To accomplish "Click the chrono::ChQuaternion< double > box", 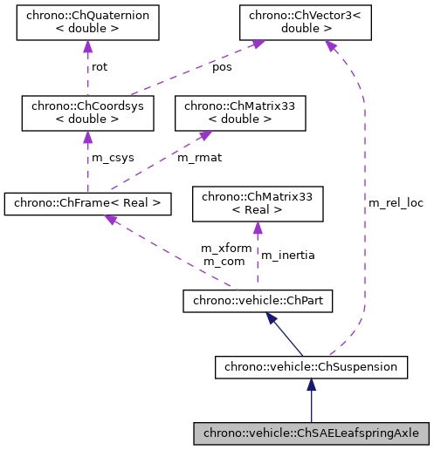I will pos(87,23).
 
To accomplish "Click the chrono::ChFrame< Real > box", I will pos(87,204).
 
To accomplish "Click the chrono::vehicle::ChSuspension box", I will pos(311,367).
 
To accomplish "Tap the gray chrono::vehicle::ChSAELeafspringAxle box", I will pos(311,433).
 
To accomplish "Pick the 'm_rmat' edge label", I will pos(198,158).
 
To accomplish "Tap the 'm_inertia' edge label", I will pos(288,255).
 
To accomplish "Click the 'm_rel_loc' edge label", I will pos(396,203).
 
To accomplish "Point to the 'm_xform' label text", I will pos(226,249).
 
